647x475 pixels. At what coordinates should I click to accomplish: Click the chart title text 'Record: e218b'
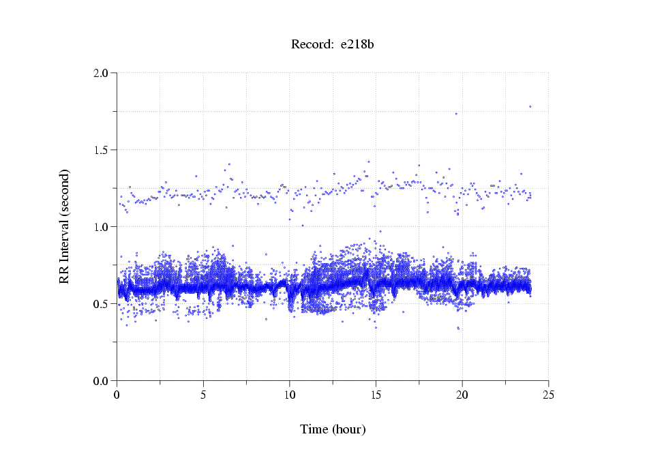(333, 45)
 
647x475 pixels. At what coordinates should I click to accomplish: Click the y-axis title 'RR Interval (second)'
(64, 226)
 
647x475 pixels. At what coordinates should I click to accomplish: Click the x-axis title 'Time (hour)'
(333, 429)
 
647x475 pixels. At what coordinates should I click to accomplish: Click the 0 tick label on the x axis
(117, 395)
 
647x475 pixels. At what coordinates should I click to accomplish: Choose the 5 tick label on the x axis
(203, 395)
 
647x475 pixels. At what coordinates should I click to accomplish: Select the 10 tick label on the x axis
(290, 395)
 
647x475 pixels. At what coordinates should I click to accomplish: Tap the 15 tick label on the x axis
(376, 395)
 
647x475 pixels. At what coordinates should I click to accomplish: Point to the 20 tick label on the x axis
(462, 395)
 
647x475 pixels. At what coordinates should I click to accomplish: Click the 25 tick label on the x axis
(549, 395)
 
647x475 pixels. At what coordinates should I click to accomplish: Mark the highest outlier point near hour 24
(530, 106)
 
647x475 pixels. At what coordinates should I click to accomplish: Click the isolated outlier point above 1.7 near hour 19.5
(456, 114)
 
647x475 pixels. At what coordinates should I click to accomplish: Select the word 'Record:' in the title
(311, 45)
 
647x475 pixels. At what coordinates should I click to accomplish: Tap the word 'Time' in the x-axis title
(314, 429)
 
